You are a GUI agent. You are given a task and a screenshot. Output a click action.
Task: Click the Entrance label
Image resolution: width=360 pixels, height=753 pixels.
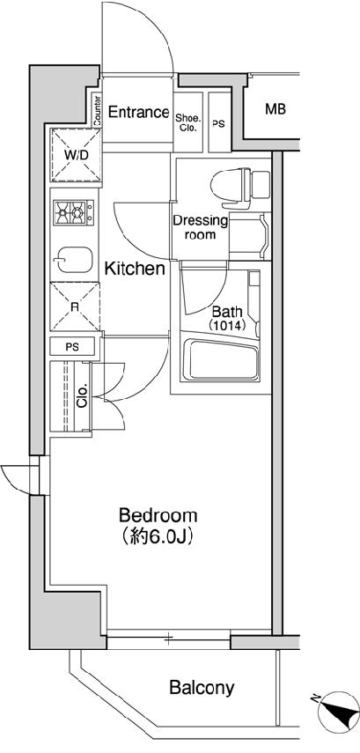point(139,113)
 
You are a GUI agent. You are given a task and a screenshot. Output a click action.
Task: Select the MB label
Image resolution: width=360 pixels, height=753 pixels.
point(276,109)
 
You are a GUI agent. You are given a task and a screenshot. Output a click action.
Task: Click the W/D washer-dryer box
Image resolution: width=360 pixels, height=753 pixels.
point(76,156)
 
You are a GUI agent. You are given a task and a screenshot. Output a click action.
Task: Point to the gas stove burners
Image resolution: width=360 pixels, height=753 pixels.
point(73,212)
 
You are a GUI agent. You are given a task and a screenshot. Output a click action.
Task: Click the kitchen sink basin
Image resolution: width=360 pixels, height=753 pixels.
point(72,259)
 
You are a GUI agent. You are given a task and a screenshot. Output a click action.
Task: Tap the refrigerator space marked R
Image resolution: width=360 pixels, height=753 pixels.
point(75,307)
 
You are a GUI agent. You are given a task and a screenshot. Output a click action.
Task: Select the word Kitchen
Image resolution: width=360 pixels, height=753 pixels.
point(135,269)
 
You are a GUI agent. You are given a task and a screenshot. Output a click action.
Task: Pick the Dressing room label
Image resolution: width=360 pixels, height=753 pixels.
point(200,228)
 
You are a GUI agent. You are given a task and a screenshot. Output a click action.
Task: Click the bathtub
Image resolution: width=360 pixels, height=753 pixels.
point(224,358)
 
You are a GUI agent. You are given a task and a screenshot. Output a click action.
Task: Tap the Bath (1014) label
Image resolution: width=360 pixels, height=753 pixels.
point(227,319)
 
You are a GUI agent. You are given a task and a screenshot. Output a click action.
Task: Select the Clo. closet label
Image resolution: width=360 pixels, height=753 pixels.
point(82,395)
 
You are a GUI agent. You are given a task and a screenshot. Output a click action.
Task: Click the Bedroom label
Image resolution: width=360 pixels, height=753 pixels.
point(158,516)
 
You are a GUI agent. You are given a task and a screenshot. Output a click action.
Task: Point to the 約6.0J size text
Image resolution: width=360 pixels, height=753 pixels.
point(158,537)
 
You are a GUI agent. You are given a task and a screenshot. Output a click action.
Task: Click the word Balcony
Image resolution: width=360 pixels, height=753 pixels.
point(202,688)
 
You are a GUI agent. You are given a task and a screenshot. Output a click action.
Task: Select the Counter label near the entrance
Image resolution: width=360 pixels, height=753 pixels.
point(98,112)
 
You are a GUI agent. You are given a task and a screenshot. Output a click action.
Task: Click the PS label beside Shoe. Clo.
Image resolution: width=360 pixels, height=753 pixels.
point(219,124)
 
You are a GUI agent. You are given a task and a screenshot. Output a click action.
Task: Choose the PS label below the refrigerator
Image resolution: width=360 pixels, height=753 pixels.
point(74,346)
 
